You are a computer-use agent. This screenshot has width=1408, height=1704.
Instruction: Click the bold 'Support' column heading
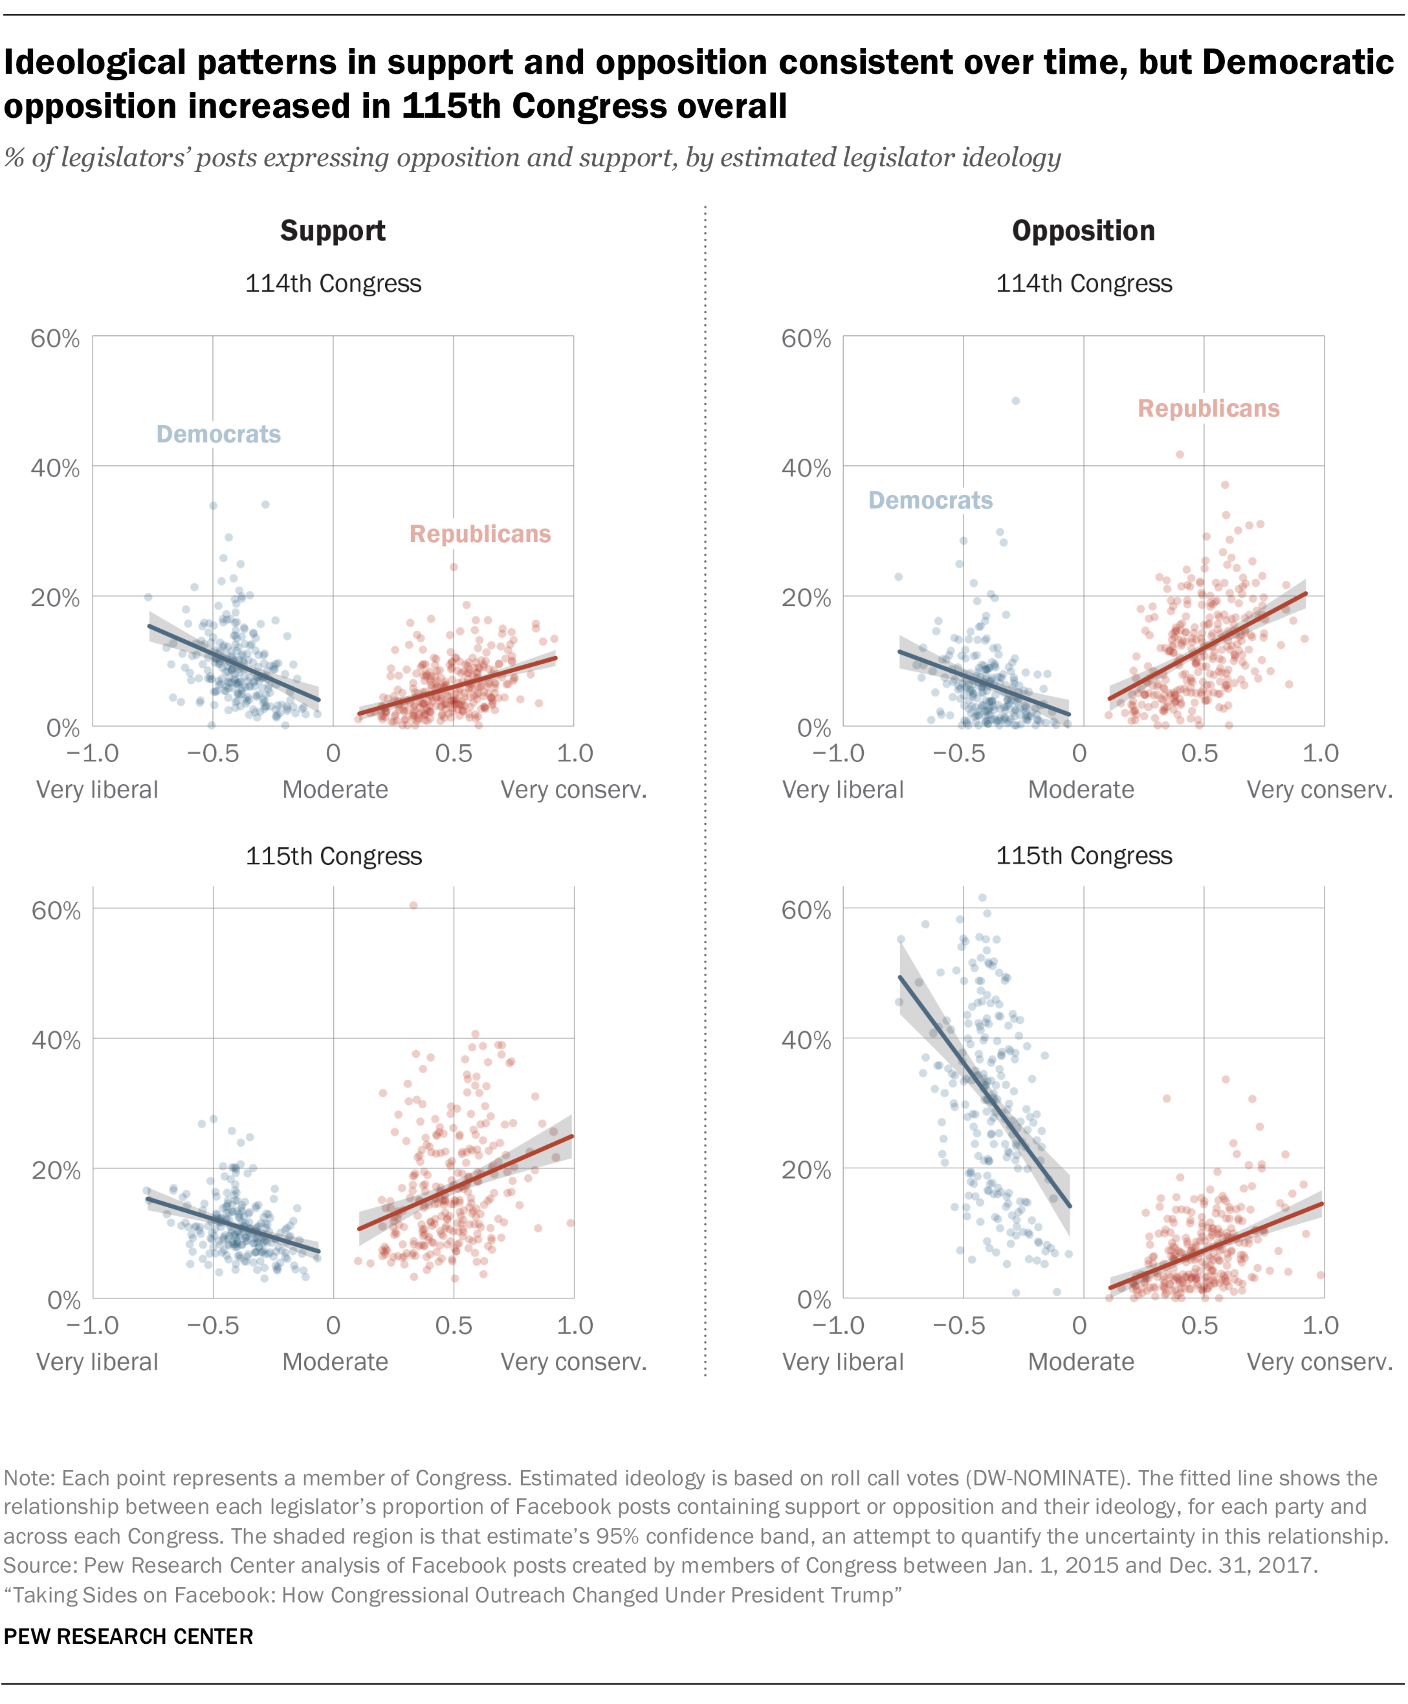click(333, 231)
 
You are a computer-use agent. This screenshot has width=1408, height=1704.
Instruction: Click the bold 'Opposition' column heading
click(1083, 231)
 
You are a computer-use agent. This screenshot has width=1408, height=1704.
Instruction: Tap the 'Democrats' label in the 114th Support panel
click(218, 435)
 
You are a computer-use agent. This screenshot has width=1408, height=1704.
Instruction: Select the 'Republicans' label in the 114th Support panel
click(480, 534)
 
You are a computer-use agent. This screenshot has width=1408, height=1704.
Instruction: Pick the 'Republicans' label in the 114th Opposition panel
click(1209, 409)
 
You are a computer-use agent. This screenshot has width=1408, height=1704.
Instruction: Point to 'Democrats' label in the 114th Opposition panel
click(930, 501)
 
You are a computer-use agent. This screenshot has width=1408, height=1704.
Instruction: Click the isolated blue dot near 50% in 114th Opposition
click(1015, 400)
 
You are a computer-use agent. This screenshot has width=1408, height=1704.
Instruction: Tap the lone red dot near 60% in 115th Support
click(413, 905)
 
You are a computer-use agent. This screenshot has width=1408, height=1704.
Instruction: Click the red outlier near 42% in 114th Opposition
click(1180, 454)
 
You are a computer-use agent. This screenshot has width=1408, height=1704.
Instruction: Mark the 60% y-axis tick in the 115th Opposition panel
click(806, 910)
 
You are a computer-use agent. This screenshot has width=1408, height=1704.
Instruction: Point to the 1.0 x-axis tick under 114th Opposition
click(1319, 754)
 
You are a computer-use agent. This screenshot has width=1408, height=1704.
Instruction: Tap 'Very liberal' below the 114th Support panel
click(97, 790)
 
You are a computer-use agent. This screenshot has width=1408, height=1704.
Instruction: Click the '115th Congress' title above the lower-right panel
click(1084, 856)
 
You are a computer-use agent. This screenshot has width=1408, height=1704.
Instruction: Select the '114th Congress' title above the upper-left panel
click(333, 284)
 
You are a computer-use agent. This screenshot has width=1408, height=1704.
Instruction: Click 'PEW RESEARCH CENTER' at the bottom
click(129, 1637)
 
